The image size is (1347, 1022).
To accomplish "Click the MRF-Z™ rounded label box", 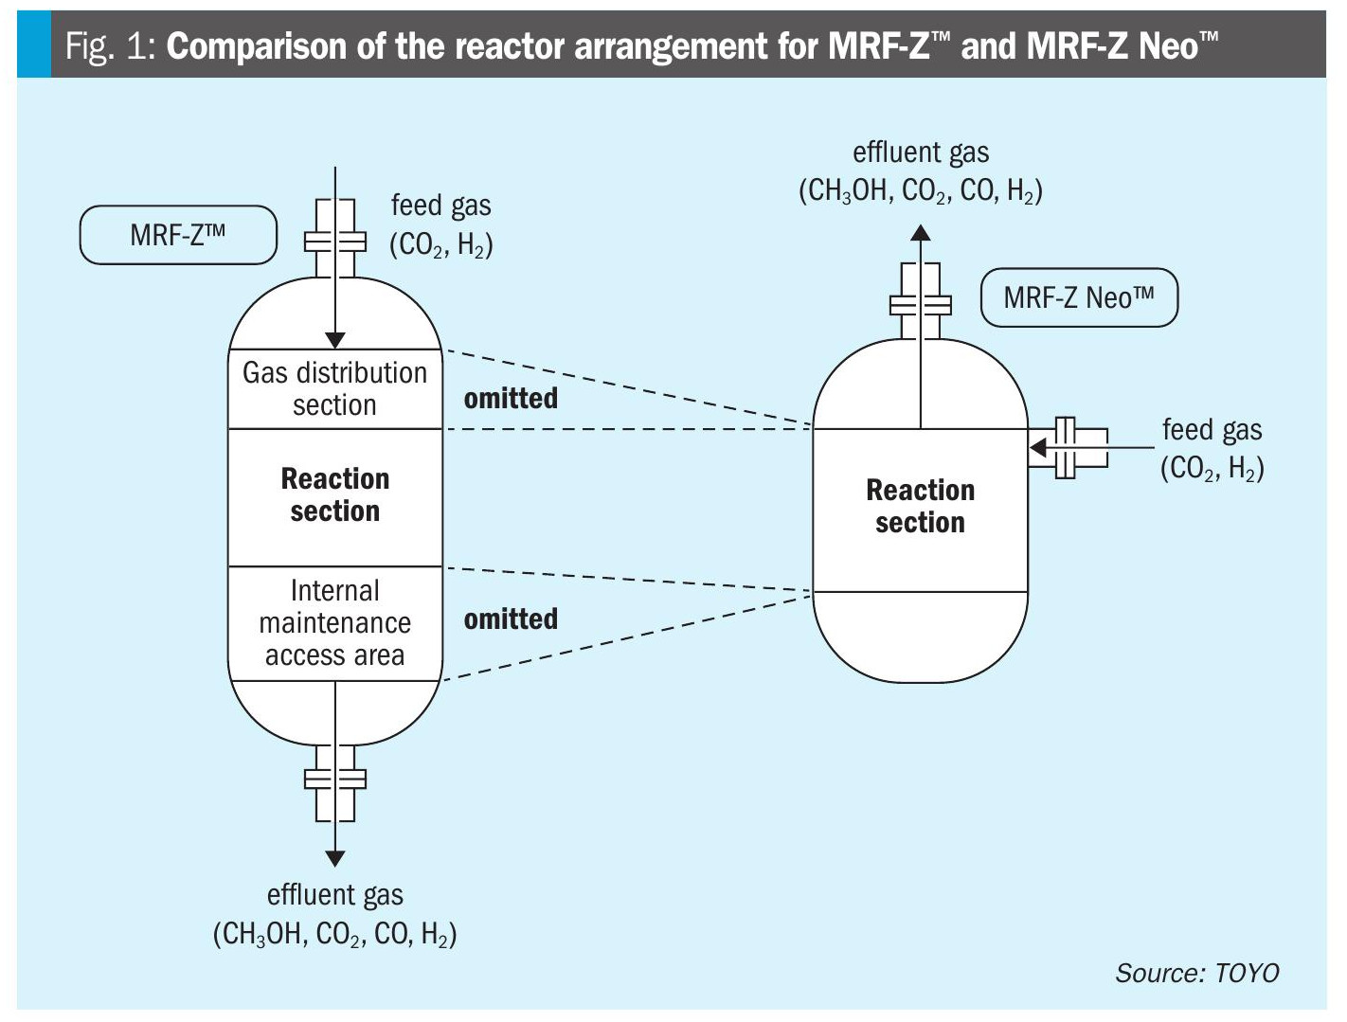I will pyautogui.click(x=178, y=235).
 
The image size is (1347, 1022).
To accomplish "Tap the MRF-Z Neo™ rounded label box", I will pyautogui.click(x=1079, y=298).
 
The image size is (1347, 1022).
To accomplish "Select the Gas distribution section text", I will pyautogui.click(x=334, y=388).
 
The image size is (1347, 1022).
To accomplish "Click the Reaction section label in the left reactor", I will pyautogui.click(x=334, y=494).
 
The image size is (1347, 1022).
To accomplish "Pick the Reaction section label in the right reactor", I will pyautogui.click(x=920, y=506).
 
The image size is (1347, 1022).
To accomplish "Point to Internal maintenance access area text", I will pyautogui.click(x=334, y=622).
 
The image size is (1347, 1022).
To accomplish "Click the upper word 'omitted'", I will pyautogui.click(x=511, y=398).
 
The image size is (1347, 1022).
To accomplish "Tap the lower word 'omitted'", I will pyautogui.click(x=511, y=619).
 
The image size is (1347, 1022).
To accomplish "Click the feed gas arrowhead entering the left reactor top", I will pyautogui.click(x=334, y=341).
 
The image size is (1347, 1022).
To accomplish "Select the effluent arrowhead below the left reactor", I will pyautogui.click(x=334, y=858).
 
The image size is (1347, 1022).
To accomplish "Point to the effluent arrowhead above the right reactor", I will pyautogui.click(x=920, y=232).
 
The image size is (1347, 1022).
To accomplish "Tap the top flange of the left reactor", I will pyautogui.click(x=334, y=242).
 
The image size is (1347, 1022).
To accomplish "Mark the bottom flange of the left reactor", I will pyautogui.click(x=334, y=780).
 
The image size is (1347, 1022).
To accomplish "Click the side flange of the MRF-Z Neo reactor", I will pyautogui.click(x=1066, y=447).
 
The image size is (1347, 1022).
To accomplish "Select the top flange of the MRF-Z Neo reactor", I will pyautogui.click(x=920, y=305).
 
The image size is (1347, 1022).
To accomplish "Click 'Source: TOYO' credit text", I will pyautogui.click(x=1196, y=973).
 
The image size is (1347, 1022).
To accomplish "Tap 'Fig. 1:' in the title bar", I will pyautogui.click(x=110, y=46).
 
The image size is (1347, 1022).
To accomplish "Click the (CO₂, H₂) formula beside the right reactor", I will pyautogui.click(x=1212, y=468).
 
